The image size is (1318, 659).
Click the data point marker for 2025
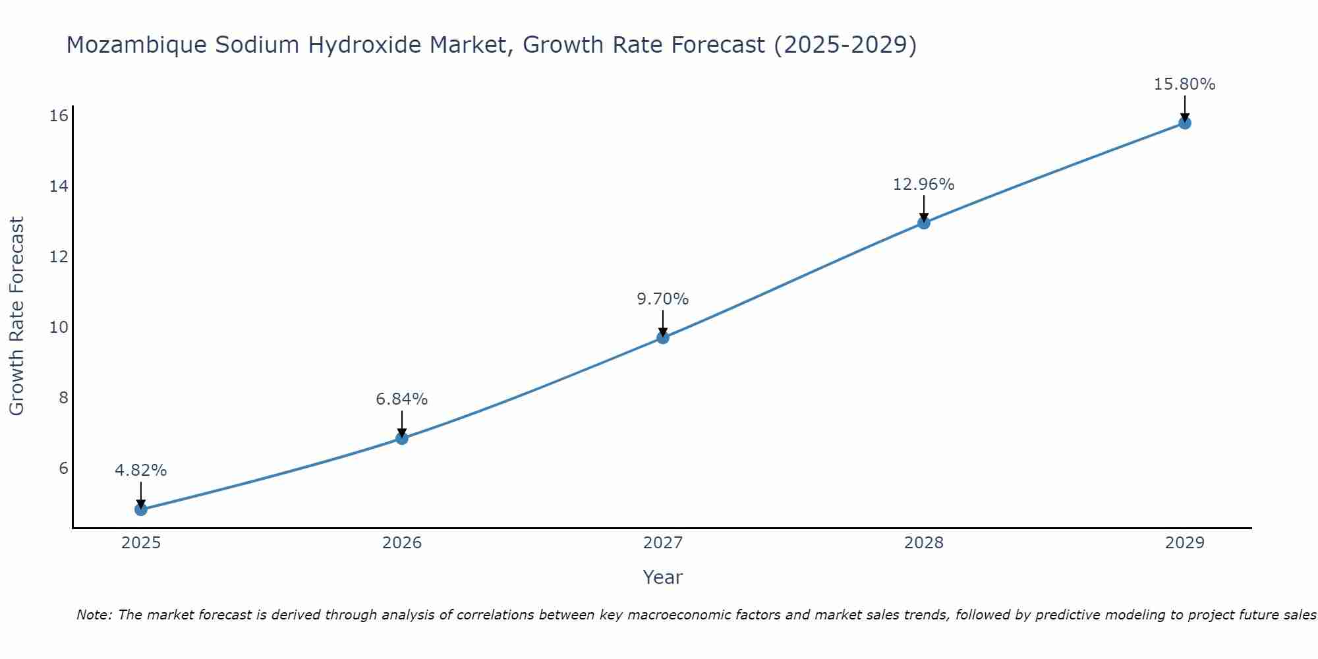(140, 509)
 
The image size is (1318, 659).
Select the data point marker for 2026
(402, 438)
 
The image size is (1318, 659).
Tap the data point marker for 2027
(663, 337)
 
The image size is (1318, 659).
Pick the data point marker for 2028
(924, 223)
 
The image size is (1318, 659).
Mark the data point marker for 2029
(1185, 123)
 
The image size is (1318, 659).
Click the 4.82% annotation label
(140, 471)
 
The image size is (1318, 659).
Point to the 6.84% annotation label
(402, 399)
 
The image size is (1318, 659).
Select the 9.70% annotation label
(663, 299)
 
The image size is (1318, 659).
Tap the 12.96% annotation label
(924, 185)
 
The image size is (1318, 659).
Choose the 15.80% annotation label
(1185, 84)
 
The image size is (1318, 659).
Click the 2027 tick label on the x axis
(663, 543)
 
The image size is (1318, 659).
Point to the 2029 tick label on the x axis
(1185, 543)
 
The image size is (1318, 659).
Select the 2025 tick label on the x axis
(141, 543)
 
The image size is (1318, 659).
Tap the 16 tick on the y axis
(59, 116)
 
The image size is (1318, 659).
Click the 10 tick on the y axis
(59, 328)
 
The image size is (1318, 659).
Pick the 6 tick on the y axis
(63, 469)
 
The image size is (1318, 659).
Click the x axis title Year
(663, 577)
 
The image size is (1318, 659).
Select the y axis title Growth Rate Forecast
(16, 316)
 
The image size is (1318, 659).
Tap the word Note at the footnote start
(94, 615)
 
